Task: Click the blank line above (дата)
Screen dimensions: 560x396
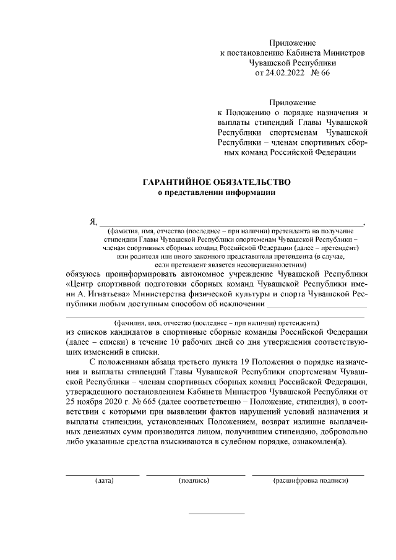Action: coord(103,475)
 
